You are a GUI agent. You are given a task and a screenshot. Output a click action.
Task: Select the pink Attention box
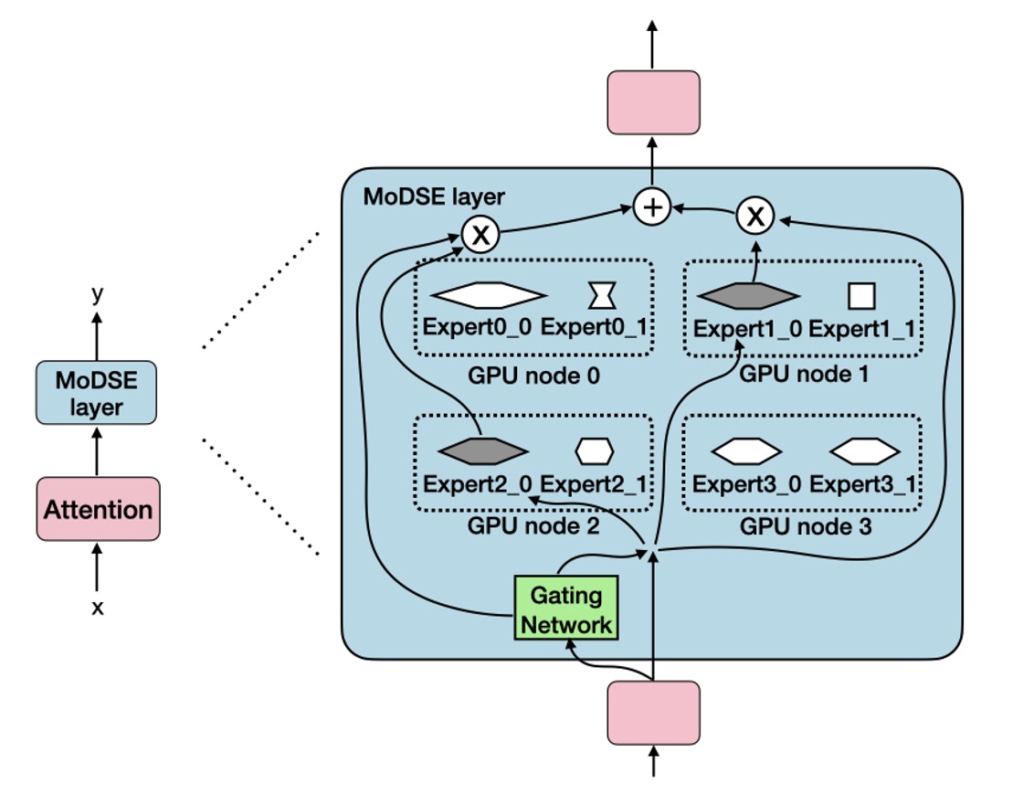pos(98,509)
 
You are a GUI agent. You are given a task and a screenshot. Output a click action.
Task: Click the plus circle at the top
pos(652,207)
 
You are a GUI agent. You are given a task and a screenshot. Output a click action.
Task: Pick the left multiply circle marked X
pos(480,235)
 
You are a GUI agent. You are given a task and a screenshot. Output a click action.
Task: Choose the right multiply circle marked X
pos(755,217)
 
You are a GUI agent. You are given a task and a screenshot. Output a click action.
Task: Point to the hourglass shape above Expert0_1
pos(601,295)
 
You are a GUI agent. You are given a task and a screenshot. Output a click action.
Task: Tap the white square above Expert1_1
pos(861,296)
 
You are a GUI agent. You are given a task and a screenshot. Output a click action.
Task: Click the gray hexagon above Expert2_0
pos(483,450)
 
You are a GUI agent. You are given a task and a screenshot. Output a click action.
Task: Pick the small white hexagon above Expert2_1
pos(595,450)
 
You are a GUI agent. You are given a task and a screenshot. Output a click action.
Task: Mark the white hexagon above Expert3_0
pos(746,450)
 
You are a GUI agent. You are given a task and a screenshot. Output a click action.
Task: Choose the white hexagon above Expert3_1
pos(864,450)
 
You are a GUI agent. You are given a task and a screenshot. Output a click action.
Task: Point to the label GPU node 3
pos(805,527)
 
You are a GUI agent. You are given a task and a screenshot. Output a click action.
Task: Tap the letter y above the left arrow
pos(98,292)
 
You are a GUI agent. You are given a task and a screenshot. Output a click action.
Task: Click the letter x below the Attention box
pos(98,607)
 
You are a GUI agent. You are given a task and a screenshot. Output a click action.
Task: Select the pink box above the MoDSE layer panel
pos(653,103)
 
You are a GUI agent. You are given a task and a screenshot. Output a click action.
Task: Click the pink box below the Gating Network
pos(653,712)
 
